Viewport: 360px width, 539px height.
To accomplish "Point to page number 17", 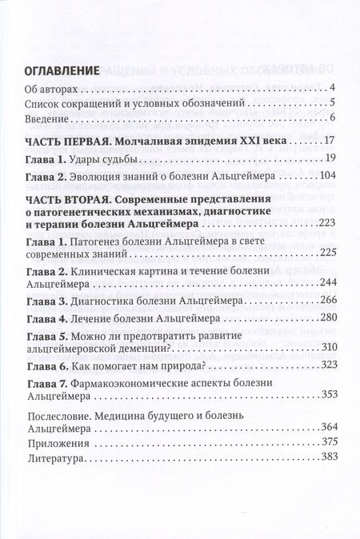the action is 330,142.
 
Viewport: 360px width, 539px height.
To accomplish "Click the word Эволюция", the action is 106,175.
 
